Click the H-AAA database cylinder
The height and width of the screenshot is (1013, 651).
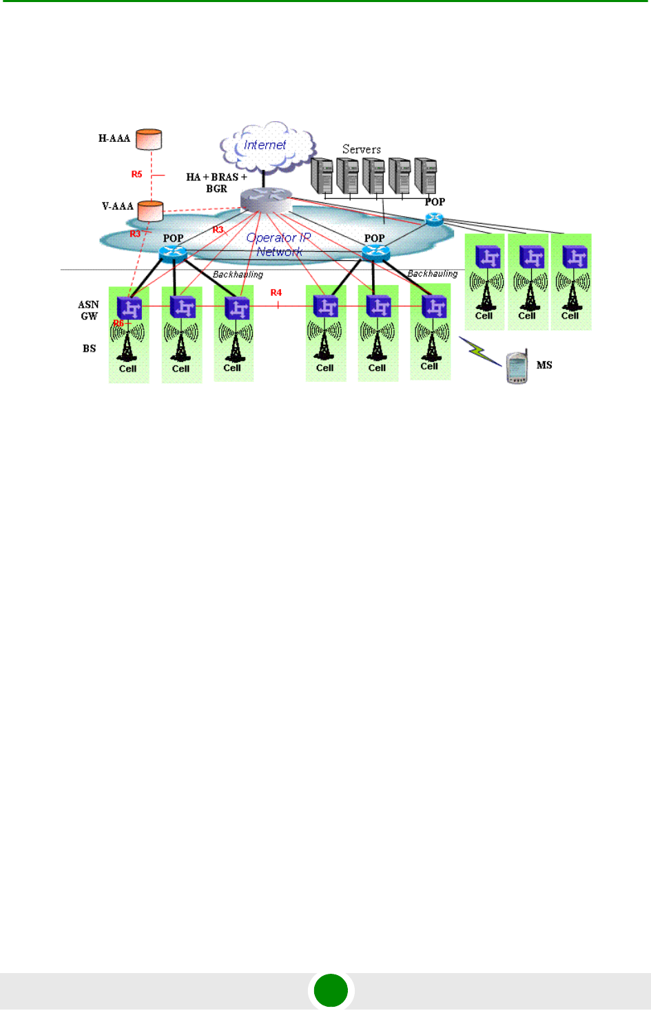[x=148, y=139]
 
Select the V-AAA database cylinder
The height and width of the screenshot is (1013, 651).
[x=150, y=211]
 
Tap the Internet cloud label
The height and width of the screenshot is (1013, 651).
[x=265, y=145]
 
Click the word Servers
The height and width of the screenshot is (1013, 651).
[x=362, y=149]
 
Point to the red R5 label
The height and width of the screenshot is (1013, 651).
[x=137, y=174]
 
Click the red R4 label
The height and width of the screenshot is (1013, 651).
[x=276, y=292]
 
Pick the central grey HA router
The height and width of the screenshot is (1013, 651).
[x=266, y=200]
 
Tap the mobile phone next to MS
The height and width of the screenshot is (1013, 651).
[x=517, y=367]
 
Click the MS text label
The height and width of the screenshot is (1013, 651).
[x=544, y=365]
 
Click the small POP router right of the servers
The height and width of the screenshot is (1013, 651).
[x=435, y=219]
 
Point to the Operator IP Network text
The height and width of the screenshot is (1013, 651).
[x=279, y=244]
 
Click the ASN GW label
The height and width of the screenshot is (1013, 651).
[x=89, y=310]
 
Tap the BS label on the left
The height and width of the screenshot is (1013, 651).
[x=90, y=348]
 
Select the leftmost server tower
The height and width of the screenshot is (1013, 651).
[x=322, y=175]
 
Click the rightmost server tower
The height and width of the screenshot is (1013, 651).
[x=426, y=175]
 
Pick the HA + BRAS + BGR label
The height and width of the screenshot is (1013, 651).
[x=216, y=182]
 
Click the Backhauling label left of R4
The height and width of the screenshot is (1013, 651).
[x=238, y=275]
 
